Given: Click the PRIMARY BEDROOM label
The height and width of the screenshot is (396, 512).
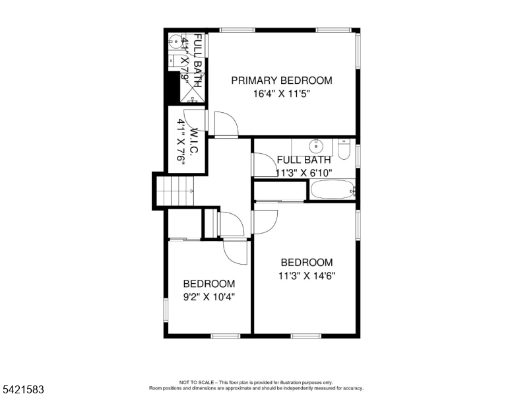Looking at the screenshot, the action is (282, 81).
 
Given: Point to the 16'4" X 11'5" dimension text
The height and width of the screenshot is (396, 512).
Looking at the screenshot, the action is (282, 94).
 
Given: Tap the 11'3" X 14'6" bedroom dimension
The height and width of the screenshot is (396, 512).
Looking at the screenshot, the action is (307, 276).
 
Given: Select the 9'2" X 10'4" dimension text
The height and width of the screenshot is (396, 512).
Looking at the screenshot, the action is (209, 297).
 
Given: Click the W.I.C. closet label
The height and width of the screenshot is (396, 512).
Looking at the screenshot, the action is (193, 141).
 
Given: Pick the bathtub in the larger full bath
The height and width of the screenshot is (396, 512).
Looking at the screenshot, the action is (333, 189).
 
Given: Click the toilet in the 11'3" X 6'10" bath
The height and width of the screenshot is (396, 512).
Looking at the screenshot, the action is (344, 149).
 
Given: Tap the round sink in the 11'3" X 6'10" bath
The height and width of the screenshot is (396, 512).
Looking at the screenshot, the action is (316, 146).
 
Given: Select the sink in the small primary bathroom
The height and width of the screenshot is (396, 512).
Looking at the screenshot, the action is (176, 42).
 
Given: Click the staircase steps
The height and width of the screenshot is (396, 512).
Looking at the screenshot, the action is (176, 191).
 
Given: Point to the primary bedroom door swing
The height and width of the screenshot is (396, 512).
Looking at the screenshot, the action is (226, 124).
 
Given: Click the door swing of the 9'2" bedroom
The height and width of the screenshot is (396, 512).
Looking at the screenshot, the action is (235, 253).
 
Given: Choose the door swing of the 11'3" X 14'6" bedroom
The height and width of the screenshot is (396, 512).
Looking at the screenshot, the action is (265, 222).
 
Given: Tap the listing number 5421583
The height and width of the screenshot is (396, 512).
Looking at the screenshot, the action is (23, 389).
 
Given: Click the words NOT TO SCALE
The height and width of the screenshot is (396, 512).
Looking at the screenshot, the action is (196, 382).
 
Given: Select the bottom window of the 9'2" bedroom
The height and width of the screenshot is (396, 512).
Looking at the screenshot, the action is (225, 336).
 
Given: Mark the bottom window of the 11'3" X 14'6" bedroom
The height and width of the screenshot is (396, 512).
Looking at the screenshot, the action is (306, 336).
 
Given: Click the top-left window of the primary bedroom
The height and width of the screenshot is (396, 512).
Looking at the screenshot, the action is (237, 30).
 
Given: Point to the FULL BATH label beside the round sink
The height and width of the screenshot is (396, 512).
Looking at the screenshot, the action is (304, 160).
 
